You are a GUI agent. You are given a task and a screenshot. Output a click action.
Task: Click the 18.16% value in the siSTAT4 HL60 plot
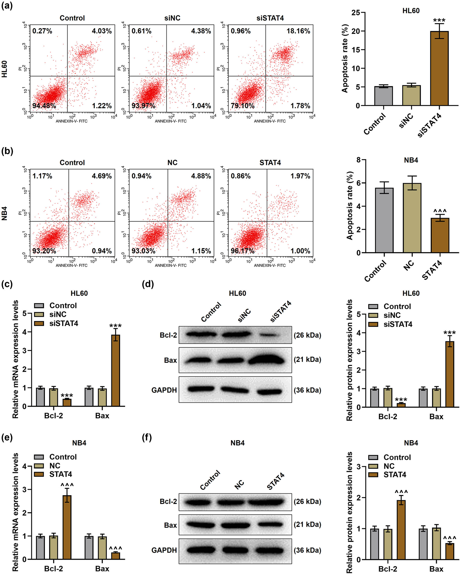point(298,31)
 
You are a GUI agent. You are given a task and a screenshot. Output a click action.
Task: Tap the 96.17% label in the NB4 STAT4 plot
point(242,251)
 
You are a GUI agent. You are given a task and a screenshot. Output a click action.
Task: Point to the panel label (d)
point(148,284)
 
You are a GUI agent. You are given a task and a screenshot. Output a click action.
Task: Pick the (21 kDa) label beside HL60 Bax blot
point(307,359)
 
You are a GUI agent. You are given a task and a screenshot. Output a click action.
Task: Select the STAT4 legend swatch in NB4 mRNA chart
point(39,474)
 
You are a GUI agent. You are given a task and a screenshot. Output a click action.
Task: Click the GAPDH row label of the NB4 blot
point(164,550)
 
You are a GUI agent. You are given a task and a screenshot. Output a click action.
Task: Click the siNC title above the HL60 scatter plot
point(172,18)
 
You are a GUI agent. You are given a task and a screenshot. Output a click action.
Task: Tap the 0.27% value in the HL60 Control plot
point(42,31)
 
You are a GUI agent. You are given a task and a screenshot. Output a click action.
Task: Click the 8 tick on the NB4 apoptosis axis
point(359,160)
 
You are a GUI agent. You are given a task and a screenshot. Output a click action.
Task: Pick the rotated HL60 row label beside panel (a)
point(5,69)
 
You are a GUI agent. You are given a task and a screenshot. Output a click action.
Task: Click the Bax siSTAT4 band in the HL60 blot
point(266,361)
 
